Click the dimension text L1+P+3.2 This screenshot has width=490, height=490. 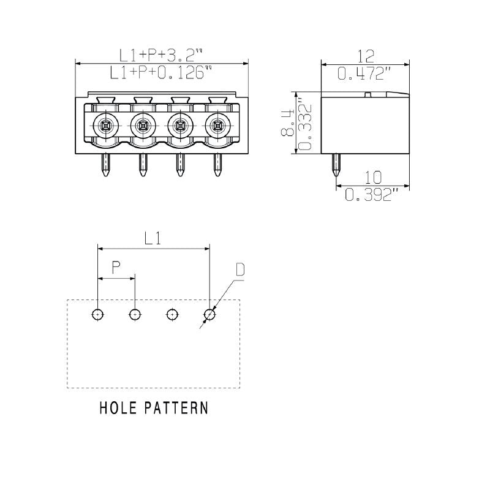coord(161,56)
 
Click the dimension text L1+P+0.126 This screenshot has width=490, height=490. coord(161,73)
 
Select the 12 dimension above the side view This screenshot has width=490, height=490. coord(365,56)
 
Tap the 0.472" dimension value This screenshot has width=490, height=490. coord(365,74)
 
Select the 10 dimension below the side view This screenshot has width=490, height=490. coord(372,178)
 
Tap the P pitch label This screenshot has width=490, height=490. coord(116,268)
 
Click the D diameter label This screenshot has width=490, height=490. coord(240,270)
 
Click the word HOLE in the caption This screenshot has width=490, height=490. coord(119,408)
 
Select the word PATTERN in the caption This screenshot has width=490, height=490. coord(176,408)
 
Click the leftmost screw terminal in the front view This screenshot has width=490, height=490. coord(105,126)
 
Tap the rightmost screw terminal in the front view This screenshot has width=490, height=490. coord(217,126)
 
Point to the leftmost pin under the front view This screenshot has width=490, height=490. coord(105,165)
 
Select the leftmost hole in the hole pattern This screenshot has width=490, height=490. coord(97,315)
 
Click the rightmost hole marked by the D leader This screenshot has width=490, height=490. coord(209,315)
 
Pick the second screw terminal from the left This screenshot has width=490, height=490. coord(143,126)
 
